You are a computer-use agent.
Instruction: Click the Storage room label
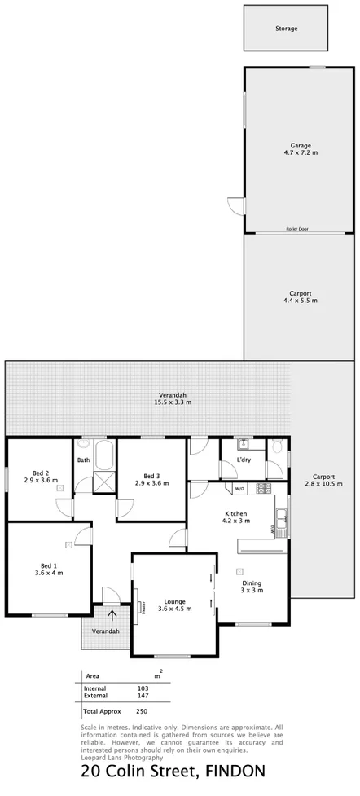[285, 29]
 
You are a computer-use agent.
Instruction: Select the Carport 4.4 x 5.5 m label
[301, 297]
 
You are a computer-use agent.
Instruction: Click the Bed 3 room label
[151, 479]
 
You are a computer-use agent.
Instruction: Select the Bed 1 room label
[49, 569]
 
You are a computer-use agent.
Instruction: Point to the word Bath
[84, 460]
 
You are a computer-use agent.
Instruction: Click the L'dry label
[244, 460]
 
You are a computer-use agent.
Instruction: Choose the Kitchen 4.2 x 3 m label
[236, 518]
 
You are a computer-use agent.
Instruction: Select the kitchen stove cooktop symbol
[263, 489]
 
